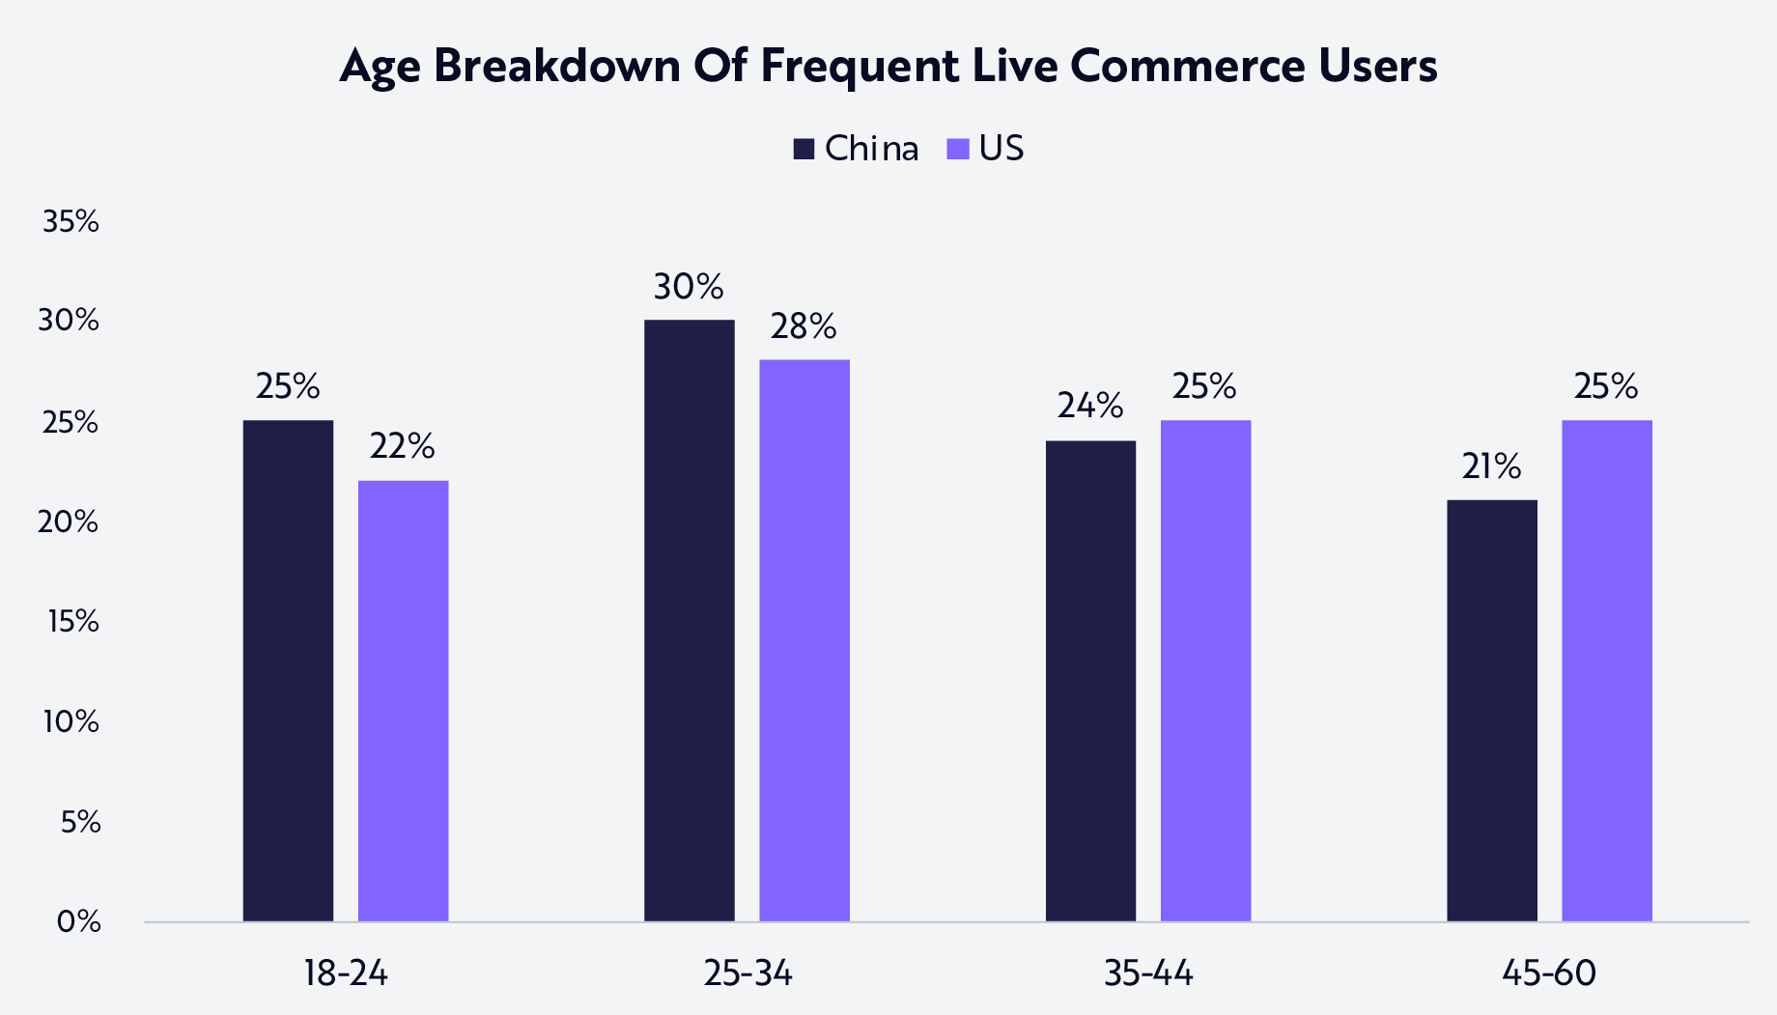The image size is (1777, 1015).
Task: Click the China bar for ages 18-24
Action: click(x=288, y=670)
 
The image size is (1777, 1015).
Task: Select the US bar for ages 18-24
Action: click(x=403, y=700)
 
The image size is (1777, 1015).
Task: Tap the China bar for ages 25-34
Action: click(x=689, y=620)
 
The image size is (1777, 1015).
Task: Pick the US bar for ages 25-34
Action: click(x=804, y=640)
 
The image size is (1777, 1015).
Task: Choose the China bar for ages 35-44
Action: click(x=1090, y=681)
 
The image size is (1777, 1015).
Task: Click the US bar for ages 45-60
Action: click(x=1606, y=670)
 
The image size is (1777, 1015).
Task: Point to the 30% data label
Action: click(x=689, y=287)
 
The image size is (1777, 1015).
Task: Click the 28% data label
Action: click(x=804, y=327)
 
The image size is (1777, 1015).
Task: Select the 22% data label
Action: click(x=403, y=446)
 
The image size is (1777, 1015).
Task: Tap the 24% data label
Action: click(x=1090, y=406)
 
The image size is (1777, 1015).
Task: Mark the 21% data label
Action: click(x=1491, y=466)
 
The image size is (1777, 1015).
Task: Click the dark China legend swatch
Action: click(x=804, y=149)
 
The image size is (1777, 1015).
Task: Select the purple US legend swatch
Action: click(x=958, y=149)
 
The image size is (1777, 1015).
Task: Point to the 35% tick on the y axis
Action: click(x=71, y=222)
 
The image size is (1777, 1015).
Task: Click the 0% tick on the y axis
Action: click(x=78, y=921)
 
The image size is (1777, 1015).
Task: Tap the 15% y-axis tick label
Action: click(x=72, y=621)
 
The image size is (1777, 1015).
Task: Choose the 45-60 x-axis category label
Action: click(x=1549, y=973)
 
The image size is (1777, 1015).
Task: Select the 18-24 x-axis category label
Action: click(x=346, y=973)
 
